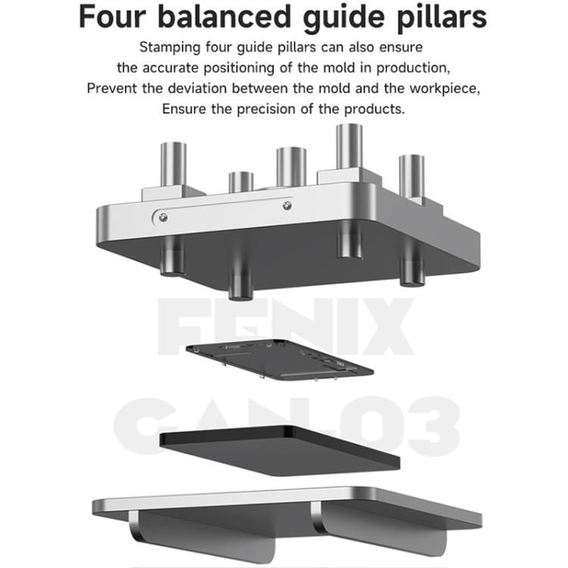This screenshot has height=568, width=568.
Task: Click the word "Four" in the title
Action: tap(112, 17)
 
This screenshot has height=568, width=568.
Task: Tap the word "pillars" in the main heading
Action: tap(442, 17)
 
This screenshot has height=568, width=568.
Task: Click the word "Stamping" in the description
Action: tap(170, 48)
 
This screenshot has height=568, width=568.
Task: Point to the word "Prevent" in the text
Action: tap(112, 89)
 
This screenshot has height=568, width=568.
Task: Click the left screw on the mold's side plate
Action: tap(163, 217)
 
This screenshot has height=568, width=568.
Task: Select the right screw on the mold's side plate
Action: tap(287, 206)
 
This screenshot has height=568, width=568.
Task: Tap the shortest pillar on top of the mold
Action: tap(242, 183)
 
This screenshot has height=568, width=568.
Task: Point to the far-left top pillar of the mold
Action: tap(173, 164)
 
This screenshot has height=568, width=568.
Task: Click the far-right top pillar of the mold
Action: tap(411, 176)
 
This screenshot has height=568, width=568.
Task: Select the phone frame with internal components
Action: tap(279, 360)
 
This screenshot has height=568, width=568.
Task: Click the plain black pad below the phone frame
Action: tap(279, 451)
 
